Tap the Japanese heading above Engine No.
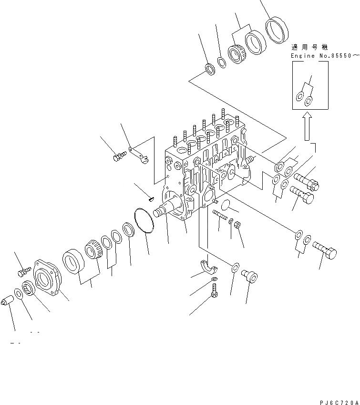pyautogui.click(x=310, y=48)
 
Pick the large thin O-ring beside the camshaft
pyautogui.click(x=144, y=220)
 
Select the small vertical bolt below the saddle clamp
pyautogui.click(x=214, y=290)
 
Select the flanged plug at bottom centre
pyautogui.click(x=249, y=276)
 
